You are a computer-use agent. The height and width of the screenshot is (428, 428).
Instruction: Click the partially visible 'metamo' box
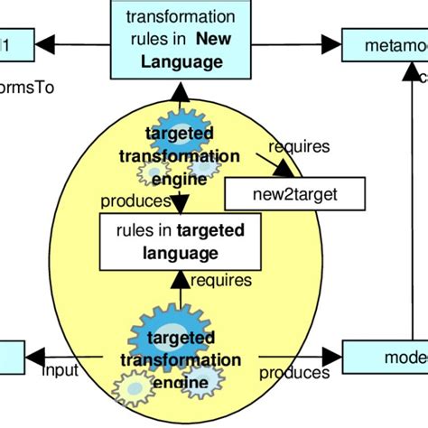(385, 44)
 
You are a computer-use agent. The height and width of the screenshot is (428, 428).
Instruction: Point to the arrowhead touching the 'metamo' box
(336, 44)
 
